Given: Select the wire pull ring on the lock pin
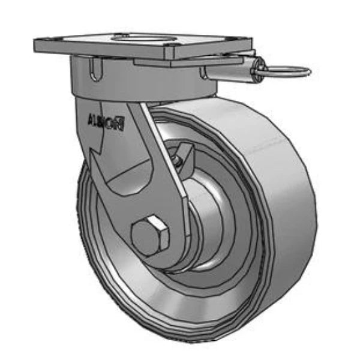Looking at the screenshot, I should (287, 71).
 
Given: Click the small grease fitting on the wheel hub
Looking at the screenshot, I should (177, 159).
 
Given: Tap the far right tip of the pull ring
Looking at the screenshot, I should (310, 72).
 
